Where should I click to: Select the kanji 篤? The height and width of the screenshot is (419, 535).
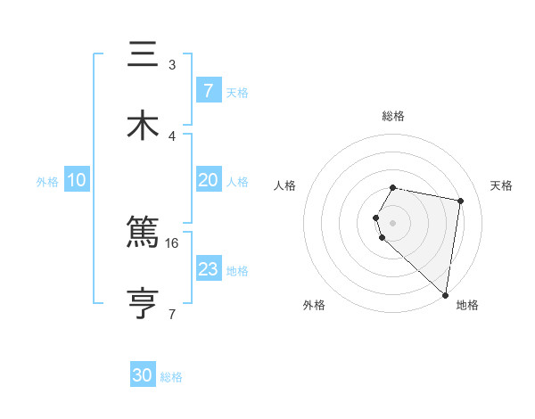[144, 234]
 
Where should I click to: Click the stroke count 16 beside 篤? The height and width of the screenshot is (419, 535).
[172, 242]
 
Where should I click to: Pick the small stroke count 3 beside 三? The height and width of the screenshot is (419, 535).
[172, 65]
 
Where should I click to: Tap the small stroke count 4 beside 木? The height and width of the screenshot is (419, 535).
[172, 136]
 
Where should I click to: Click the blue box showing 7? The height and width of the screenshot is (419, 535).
[208, 91]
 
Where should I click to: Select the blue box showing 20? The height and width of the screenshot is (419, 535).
[208, 180]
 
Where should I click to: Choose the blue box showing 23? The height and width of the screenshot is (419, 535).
[208, 269]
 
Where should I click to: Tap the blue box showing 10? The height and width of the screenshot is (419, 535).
[77, 180]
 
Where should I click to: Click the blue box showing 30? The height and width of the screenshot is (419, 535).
[143, 375]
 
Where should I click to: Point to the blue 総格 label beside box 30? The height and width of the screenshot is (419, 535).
[171, 377]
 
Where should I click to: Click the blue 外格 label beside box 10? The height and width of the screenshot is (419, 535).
[47, 181]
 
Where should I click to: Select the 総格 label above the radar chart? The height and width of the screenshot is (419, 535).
[393, 117]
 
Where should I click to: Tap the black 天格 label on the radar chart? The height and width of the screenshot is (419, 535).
[502, 185]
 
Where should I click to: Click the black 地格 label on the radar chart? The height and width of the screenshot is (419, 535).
[467, 306]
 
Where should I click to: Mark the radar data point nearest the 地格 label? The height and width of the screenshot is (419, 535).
[445, 294]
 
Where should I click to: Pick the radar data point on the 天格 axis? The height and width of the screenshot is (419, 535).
[460, 201]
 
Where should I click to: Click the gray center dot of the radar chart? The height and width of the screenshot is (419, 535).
[393, 222]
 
